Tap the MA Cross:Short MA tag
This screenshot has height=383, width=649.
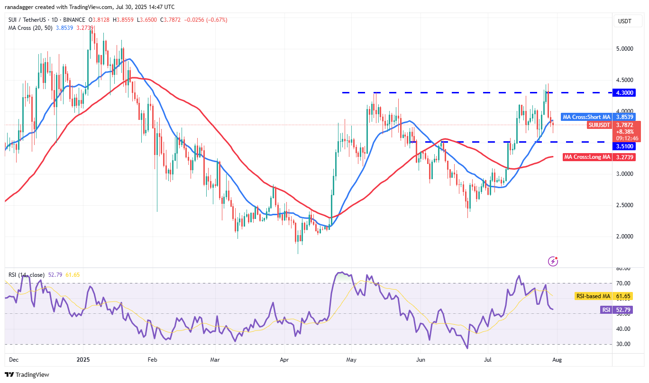click(x=586, y=117)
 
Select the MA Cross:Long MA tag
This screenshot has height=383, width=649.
click(x=587, y=157)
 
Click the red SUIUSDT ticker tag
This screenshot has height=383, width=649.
click(x=599, y=125)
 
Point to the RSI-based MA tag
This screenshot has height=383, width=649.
click(x=593, y=296)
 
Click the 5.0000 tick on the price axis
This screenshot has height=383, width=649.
click(x=625, y=49)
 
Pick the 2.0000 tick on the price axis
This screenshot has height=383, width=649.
click(x=625, y=237)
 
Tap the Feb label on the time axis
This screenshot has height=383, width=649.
click(x=152, y=360)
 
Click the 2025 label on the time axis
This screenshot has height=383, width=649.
click(x=83, y=360)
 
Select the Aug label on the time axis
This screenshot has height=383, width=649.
click(x=558, y=360)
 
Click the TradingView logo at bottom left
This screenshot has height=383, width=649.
click(x=27, y=374)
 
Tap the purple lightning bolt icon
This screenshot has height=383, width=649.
click(x=553, y=261)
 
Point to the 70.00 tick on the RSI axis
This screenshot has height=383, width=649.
click(x=624, y=283)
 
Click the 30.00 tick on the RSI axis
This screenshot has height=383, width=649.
click(x=624, y=344)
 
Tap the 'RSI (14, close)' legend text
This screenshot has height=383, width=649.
click(x=27, y=275)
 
